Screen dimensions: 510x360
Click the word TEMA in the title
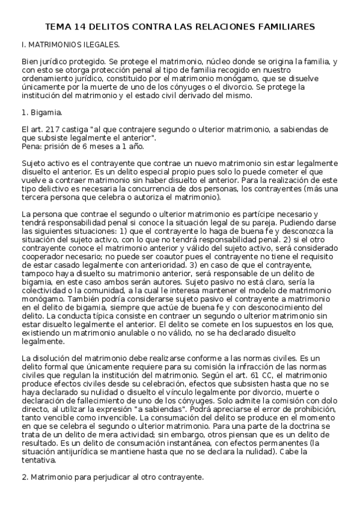[59, 27]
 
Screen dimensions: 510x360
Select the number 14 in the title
[81, 27]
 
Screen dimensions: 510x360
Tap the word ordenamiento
[47, 79]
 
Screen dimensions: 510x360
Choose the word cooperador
[43, 256]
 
